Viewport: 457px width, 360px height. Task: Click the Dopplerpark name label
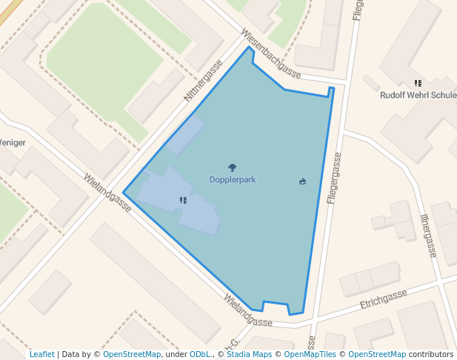(x=233, y=180)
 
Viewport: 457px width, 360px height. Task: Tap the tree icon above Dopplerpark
(x=233, y=168)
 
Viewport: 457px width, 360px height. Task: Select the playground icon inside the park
(x=302, y=181)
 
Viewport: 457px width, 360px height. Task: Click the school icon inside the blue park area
(x=183, y=200)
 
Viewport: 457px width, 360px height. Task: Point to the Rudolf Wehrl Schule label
(x=418, y=96)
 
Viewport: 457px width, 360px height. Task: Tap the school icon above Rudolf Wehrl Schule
(x=418, y=84)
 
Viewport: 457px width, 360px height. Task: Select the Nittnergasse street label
(x=203, y=81)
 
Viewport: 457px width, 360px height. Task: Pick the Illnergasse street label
(x=427, y=236)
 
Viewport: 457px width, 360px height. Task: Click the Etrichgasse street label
(x=383, y=299)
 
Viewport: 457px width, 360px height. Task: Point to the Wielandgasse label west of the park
(x=107, y=193)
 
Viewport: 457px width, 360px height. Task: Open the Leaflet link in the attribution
(x=41, y=354)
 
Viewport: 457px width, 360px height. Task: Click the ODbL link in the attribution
(x=200, y=354)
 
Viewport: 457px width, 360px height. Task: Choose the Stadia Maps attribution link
(x=248, y=354)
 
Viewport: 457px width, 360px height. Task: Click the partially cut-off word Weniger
(x=13, y=142)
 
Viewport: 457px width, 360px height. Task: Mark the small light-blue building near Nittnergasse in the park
(x=184, y=134)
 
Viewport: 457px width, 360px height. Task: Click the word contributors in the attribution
(x=431, y=354)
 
